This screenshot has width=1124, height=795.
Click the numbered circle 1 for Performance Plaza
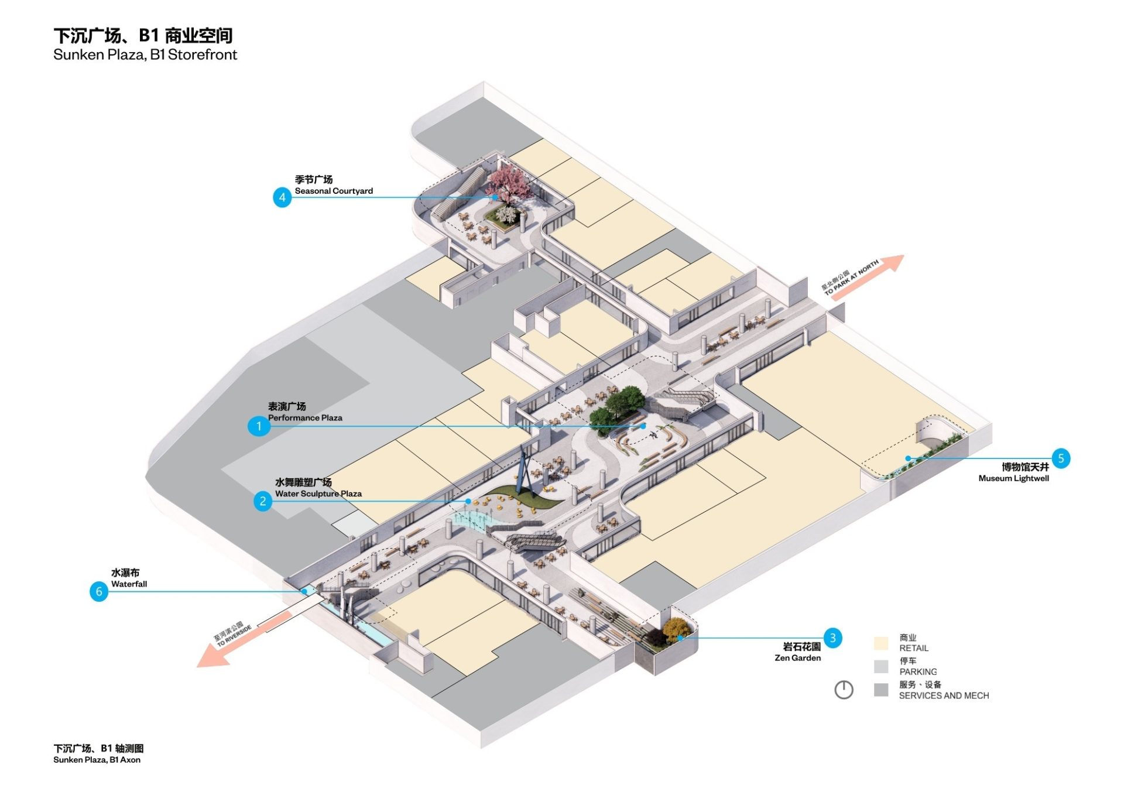pyautogui.click(x=259, y=426)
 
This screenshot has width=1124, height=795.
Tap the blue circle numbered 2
pyautogui.click(x=263, y=501)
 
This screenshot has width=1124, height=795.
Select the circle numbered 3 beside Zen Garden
pyautogui.click(x=832, y=638)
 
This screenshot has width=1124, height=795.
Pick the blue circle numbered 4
pyautogui.click(x=282, y=197)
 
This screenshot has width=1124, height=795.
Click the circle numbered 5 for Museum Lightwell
pyautogui.click(x=1061, y=458)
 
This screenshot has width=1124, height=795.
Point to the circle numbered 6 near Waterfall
pyautogui.click(x=99, y=591)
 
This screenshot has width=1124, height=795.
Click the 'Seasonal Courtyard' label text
pyautogui.click(x=333, y=191)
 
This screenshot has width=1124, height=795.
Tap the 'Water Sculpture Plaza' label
pyautogui.click(x=318, y=494)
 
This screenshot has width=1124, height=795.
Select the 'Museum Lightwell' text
pyautogui.click(x=1013, y=478)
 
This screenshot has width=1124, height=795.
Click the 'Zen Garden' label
pyautogui.click(x=797, y=658)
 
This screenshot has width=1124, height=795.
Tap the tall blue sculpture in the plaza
pyautogui.click(x=525, y=468)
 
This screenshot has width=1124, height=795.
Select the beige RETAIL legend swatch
pyautogui.click(x=880, y=643)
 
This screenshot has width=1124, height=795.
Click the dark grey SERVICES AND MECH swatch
pyautogui.click(x=880, y=690)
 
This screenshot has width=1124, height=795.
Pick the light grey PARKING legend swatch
pyautogui.click(x=880, y=666)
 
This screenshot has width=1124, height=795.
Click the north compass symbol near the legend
pyautogui.click(x=844, y=690)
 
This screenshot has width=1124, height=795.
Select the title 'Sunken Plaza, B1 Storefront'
pyautogui.click(x=145, y=55)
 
